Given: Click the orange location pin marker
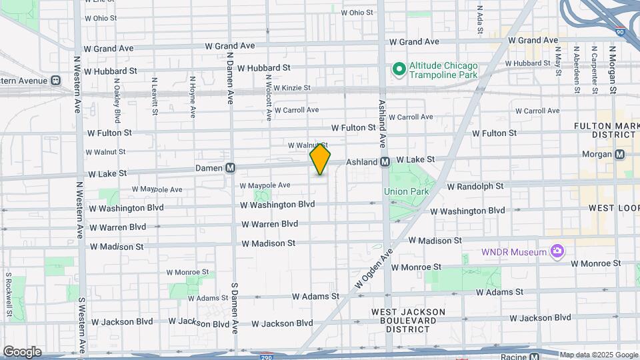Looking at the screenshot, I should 320,159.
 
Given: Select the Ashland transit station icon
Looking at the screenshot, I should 385,162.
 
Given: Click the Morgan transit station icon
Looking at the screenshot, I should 620,155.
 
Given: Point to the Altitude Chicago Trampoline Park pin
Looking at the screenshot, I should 399,69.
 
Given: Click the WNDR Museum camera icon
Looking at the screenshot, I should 557,251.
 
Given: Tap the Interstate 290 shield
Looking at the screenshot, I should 267,356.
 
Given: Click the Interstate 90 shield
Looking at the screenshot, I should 620,31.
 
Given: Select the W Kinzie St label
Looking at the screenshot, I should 288,88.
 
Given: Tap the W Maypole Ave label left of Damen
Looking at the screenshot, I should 157,189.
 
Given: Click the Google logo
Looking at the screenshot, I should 21,351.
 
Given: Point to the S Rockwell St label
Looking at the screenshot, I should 7,294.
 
